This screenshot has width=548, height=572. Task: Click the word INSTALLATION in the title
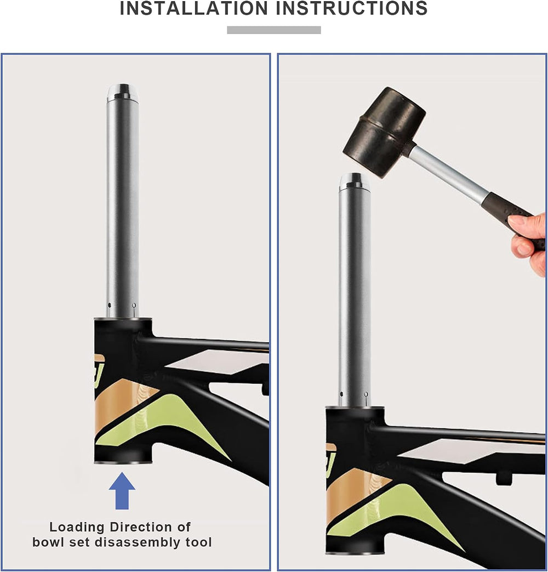(x=194, y=8)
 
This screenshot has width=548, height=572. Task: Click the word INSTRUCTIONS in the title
(x=352, y=8)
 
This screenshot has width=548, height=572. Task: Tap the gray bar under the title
(x=274, y=30)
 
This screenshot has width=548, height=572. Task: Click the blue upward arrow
(x=122, y=491)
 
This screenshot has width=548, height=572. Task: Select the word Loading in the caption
(x=77, y=528)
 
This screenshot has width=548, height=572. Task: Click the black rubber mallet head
(x=384, y=132)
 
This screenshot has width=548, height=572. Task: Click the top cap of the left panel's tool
(x=123, y=93)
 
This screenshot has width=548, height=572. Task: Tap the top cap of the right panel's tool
(x=355, y=182)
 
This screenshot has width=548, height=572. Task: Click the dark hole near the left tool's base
(x=110, y=305)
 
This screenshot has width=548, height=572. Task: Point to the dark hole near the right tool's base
(x=341, y=394)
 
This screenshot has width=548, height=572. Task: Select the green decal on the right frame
(x=394, y=514)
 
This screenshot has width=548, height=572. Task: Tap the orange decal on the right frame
(x=356, y=492)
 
